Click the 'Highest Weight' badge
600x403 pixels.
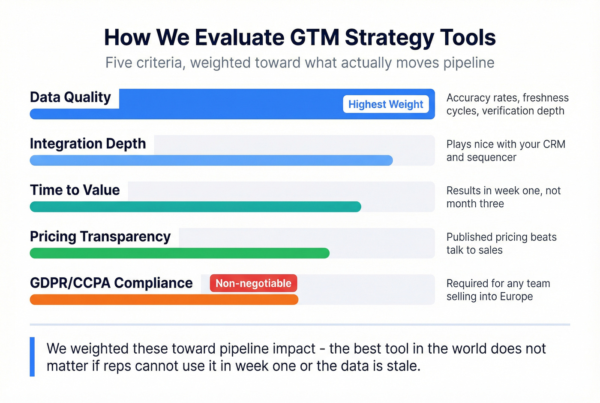coord(386,104)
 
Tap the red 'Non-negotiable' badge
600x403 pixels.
coord(253,283)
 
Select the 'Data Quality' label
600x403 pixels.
coord(70,97)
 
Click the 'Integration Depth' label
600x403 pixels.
coord(88,144)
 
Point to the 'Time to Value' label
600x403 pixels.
coord(75,190)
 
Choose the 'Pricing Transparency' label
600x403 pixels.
coord(100,236)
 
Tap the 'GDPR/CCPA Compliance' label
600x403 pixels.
coord(111,283)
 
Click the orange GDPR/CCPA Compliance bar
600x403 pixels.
coord(164,300)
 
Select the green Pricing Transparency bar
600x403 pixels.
coord(180,253)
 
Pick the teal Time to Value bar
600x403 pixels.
coord(195,207)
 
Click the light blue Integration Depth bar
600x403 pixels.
coord(211,161)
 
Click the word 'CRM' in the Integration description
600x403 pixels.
coord(554,144)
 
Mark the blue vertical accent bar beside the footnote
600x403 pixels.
coord(32,357)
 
